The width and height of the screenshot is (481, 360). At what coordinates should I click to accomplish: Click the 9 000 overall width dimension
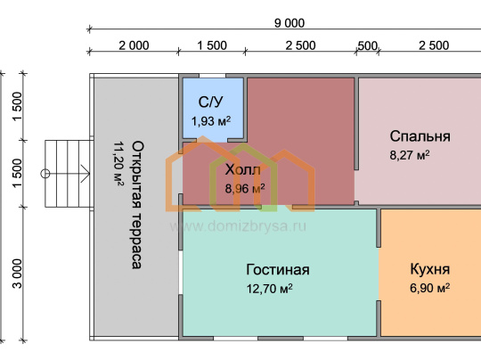[x=289, y=23]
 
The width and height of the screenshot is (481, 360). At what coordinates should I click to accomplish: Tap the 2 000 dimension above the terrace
[x=134, y=45]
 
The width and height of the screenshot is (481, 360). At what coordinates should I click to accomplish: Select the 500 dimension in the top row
[x=367, y=46]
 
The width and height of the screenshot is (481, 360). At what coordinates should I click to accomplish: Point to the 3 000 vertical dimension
[x=18, y=274]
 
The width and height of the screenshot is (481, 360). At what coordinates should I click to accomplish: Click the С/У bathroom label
[x=211, y=102]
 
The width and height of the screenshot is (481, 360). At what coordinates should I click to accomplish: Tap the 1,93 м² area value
[x=211, y=121]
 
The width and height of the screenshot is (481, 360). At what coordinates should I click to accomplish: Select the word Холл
[x=242, y=169]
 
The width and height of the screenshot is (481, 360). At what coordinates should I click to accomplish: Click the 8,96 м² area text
[x=245, y=189]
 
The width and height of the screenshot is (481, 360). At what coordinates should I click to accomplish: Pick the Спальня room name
[x=420, y=136]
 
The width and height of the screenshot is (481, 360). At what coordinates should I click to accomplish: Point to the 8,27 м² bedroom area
[x=410, y=155]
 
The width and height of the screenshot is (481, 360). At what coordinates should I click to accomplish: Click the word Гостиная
[x=278, y=270]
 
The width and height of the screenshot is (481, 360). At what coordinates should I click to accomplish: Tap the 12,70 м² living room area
[x=270, y=289]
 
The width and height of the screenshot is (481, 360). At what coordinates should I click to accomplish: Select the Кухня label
[x=429, y=269]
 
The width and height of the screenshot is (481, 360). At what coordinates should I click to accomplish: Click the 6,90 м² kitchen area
[x=429, y=288]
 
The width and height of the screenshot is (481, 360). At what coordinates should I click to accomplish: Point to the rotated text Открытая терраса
[x=137, y=205]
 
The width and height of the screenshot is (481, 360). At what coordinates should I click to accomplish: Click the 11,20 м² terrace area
[x=118, y=164]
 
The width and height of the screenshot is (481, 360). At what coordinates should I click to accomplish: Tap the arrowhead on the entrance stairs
[x=86, y=174]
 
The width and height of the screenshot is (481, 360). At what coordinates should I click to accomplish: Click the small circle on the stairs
[x=45, y=174]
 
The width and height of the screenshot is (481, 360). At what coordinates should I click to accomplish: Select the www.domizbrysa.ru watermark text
[x=238, y=226]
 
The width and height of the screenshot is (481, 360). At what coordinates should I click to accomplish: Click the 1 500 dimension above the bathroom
[x=212, y=45]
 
